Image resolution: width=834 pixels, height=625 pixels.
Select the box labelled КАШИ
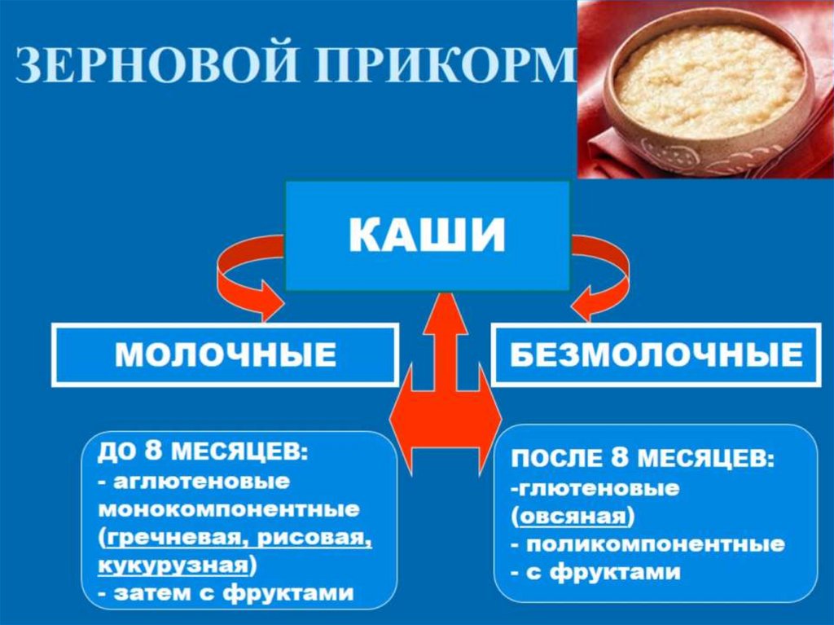(x=428, y=236)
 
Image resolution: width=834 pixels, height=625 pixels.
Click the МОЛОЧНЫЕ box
(x=226, y=355)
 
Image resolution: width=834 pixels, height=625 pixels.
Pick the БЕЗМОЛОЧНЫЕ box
(x=656, y=355)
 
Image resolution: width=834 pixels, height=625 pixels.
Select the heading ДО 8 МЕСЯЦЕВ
(x=199, y=452)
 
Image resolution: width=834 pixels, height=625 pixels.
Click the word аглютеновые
(x=200, y=482)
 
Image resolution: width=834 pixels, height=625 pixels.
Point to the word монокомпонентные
(x=228, y=510)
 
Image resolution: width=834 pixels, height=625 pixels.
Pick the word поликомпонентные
(x=656, y=544)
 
